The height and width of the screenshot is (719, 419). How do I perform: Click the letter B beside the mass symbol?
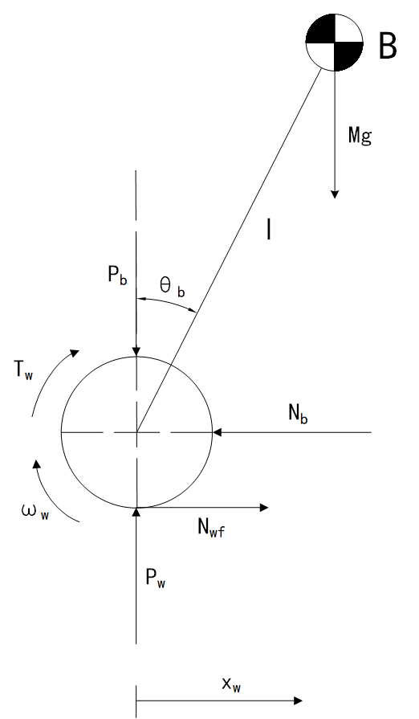point(388,46)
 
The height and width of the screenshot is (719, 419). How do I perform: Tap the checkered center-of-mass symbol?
point(334,43)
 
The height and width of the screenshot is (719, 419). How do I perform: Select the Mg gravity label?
point(360,136)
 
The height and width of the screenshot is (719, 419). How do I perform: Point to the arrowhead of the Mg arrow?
point(335,194)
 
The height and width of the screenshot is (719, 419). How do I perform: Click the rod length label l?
point(269,229)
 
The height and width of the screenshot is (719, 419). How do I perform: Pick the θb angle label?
point(173,288)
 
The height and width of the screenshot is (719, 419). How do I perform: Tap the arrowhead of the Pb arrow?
point(136,352)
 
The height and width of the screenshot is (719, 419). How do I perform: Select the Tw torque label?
point(23,370)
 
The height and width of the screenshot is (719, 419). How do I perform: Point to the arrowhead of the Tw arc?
point(74,353)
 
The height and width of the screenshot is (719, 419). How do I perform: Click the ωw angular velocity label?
point(35,512)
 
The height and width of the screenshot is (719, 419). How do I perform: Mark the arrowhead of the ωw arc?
point(36,464)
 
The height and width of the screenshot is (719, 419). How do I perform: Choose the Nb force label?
point(298,414)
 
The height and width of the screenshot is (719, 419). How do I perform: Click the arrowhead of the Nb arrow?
point(217,432)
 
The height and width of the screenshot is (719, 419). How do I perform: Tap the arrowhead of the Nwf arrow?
point(264,507)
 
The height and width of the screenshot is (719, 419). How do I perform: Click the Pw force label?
point(156,578)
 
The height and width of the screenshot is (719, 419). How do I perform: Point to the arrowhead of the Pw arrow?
point(136,512)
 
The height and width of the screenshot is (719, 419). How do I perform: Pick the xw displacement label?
point(232,685)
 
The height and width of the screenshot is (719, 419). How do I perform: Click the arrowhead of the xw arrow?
point(298,701)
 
